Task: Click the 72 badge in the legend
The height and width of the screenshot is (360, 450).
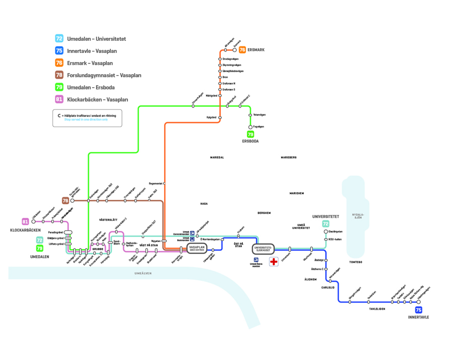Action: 59,38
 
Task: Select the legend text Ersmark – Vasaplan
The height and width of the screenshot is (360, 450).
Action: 90,63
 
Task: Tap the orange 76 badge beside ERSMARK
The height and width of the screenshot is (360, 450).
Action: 242,50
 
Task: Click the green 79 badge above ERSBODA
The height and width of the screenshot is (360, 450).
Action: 250,134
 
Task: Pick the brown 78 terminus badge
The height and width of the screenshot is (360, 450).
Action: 65,201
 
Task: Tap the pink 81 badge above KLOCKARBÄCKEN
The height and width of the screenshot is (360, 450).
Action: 25,221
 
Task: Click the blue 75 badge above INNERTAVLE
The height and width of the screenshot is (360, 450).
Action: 418,310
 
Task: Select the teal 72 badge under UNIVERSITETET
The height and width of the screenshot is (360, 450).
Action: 326,223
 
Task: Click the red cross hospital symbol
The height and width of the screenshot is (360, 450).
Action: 274,262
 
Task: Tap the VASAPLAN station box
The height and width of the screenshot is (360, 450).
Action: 197,249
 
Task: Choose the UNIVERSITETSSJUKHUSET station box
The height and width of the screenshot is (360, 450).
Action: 263,249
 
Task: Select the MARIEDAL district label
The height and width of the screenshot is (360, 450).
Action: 217,157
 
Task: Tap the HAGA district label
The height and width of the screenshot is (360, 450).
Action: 204,204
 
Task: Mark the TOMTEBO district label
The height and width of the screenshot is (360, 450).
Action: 356,262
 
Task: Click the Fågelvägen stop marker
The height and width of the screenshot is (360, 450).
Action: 250,127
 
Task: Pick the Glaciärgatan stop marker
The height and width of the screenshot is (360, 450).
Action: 326,232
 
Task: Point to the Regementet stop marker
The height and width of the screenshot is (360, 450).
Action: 165,184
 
